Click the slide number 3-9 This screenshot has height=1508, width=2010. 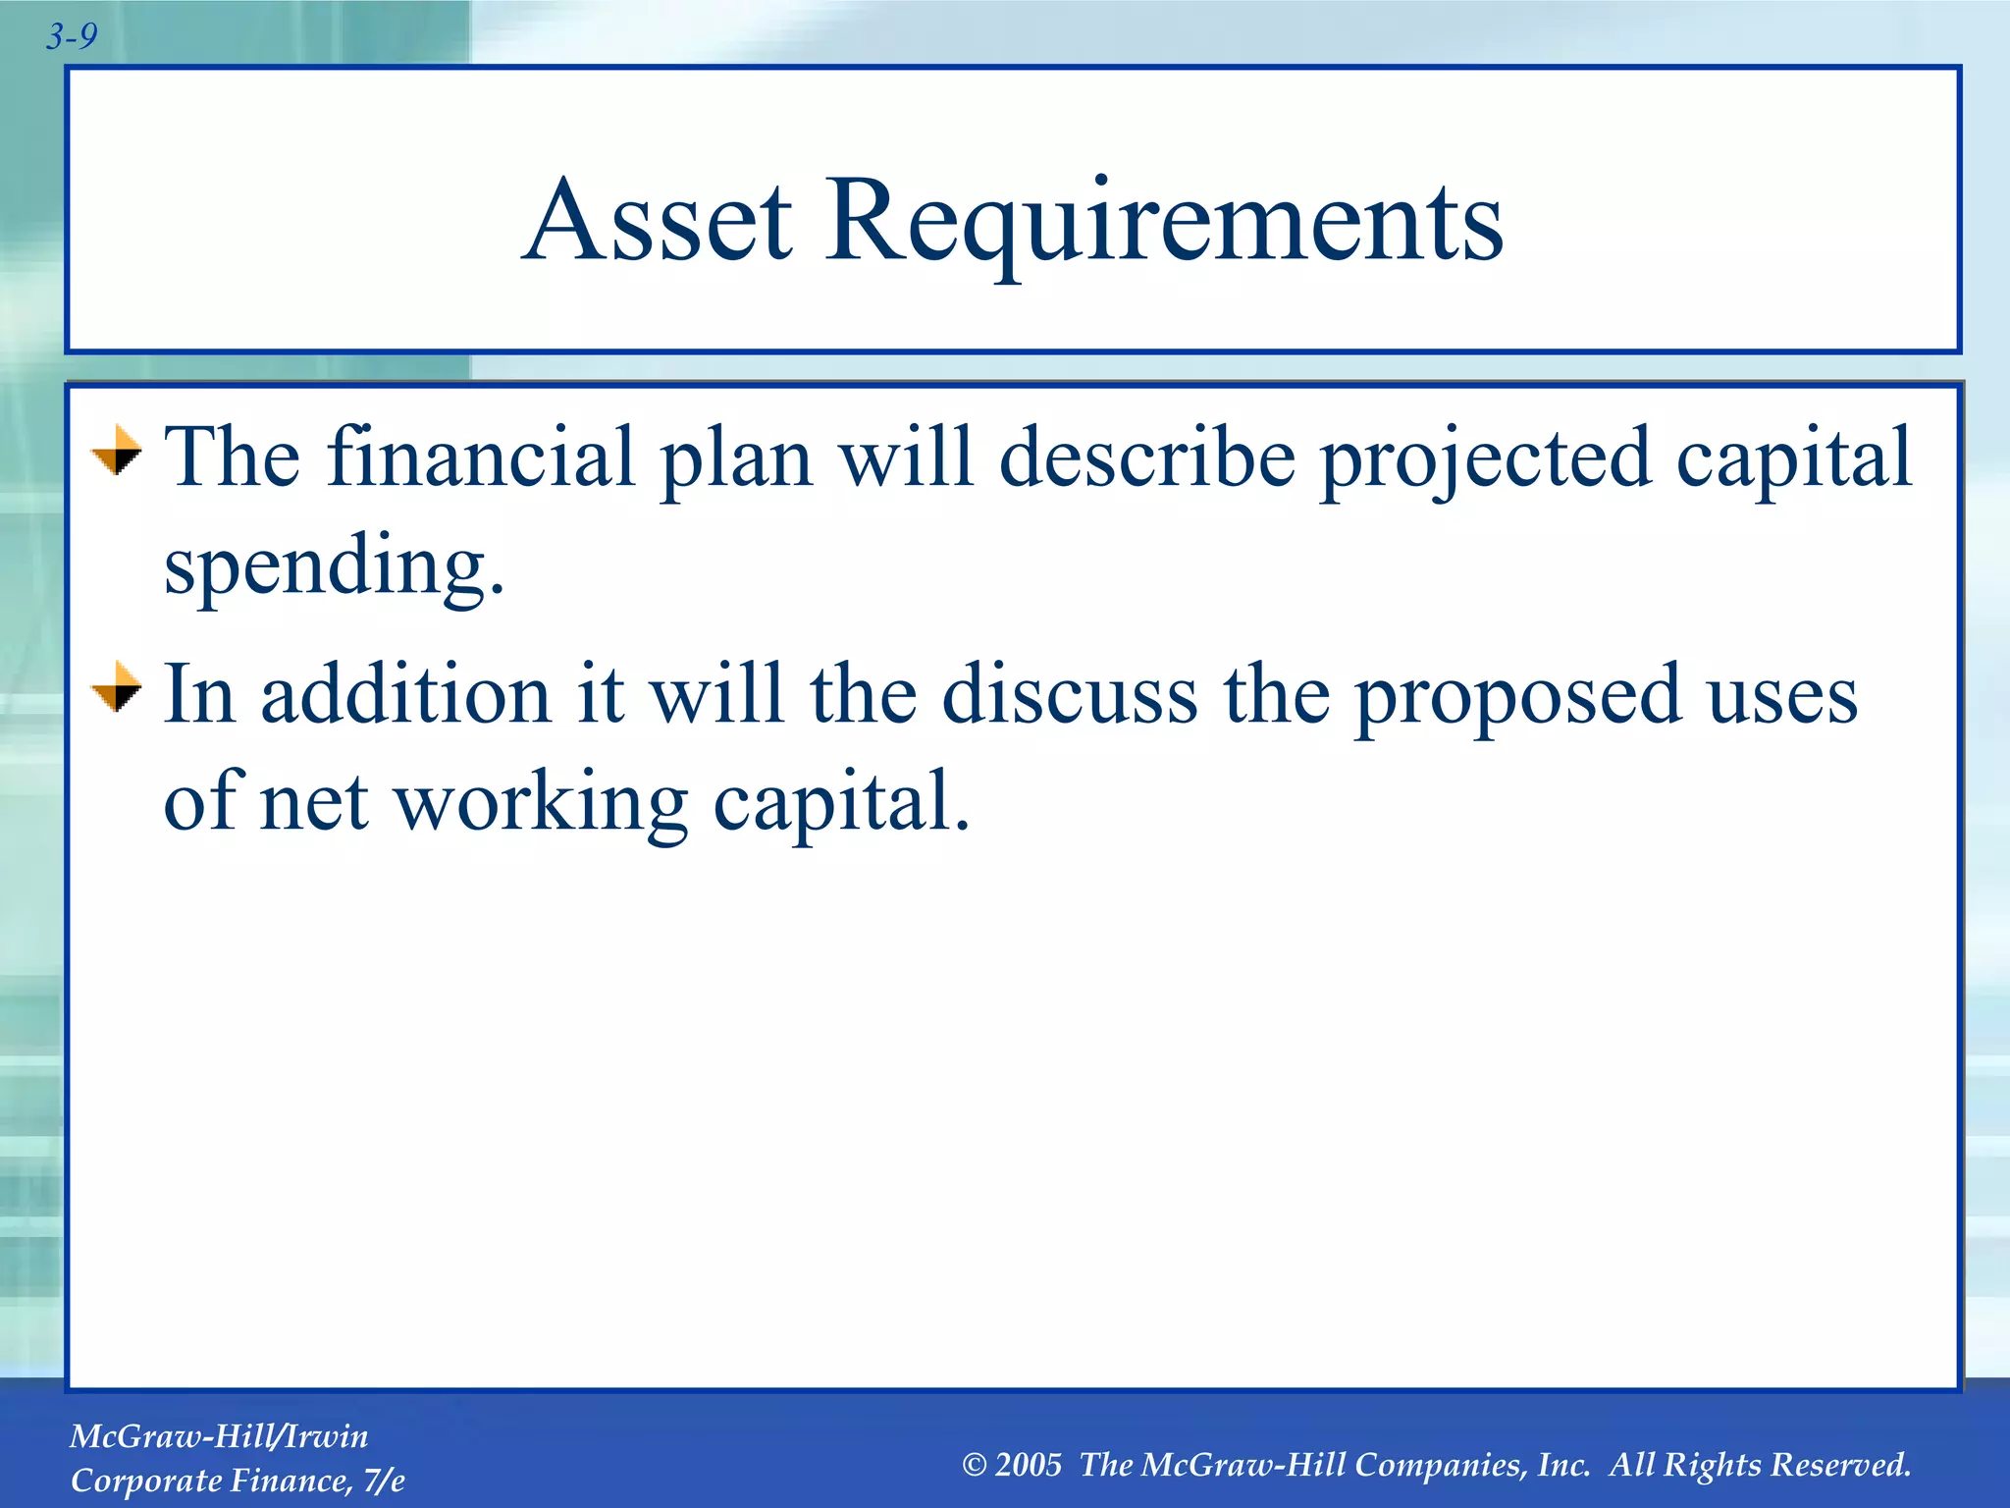(x=72, y=37)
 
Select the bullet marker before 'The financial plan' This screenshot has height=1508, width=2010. (x=117, y=451)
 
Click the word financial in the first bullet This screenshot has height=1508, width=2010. (x=480, y=458)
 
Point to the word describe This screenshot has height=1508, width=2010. (x=1146, y=458)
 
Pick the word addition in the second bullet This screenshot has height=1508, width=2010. (x=405, y=695)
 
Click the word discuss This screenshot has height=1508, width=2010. (x=1069, y=695)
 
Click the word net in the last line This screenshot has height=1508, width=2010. (x=313, y=803)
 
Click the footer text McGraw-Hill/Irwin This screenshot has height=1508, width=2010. (x=219, y=1436)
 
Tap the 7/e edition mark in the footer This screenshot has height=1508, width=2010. (x=383, y=1481)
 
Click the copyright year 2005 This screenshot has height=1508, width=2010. (x=1028, y=1465)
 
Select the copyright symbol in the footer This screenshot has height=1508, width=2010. (x=974, y=1466)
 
